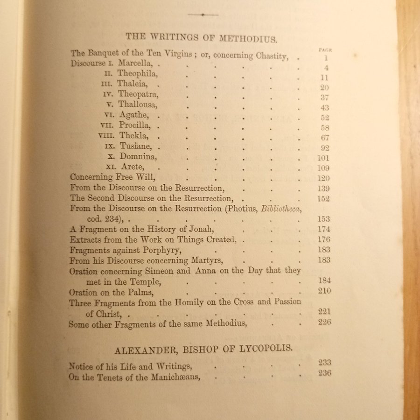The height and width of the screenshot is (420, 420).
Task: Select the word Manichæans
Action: tap(170, 378)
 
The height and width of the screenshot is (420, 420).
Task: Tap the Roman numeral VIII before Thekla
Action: tap(107, 137)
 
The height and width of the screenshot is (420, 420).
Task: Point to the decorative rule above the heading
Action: tap(203, 15)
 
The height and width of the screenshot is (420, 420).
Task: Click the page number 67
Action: tap(325, 137)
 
